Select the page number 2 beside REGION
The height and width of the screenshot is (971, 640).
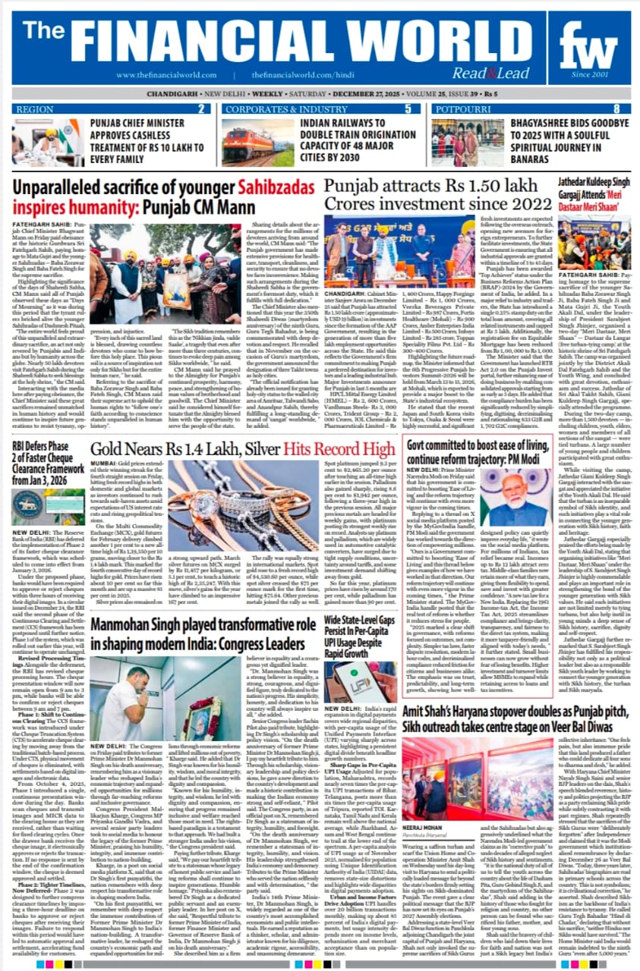tap(202, 108)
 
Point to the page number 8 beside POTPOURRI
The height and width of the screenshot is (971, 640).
tap(616, 108)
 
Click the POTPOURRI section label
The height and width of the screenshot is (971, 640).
tap(463, 108)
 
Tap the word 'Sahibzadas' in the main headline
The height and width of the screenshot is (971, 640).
tap(276, 187)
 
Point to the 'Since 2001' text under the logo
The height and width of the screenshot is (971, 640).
tap(590, 74)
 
